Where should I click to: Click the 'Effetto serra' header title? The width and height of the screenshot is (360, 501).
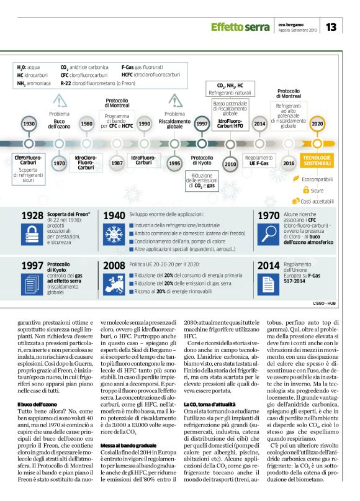240,27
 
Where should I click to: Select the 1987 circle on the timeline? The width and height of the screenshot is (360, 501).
117,163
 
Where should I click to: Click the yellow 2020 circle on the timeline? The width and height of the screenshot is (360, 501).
317,124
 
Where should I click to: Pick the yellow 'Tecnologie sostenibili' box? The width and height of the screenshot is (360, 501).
317,161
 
